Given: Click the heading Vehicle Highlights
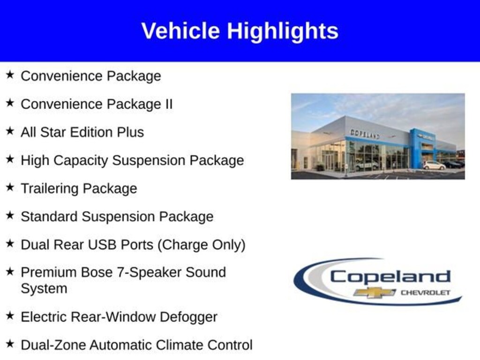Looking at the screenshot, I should point(240,31).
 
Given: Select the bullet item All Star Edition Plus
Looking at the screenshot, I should point(82,132).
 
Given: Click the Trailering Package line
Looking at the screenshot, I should point(79,188).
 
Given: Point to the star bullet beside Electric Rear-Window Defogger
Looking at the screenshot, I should point(10,316).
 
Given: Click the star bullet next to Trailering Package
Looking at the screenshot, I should point(10,187).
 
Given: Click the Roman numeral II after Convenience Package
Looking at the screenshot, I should point(168,104).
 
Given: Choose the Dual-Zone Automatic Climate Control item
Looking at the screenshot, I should point(136,345).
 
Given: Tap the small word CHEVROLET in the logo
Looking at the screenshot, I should point(425,292).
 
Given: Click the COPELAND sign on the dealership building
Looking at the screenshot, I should point(365,134).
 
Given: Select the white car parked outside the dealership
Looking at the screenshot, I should point(434,165).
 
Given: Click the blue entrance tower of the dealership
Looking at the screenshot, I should point(416,148).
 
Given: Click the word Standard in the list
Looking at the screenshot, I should point(49,217).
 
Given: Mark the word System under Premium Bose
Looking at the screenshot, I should point(44,288).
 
